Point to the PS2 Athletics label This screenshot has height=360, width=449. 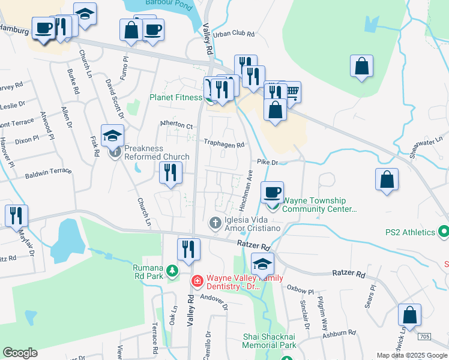click(411, 232)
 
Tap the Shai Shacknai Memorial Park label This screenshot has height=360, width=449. click(270, 341)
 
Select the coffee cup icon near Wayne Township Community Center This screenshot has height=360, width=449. click(273, 191)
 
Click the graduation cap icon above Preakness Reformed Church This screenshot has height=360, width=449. click(112, 136)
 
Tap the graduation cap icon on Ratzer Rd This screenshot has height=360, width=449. click(262, 263)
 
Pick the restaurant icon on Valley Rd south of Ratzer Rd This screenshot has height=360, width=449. click(188, 249)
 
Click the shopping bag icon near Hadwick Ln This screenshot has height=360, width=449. click(409, 314)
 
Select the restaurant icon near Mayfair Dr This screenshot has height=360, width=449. click(16, 215)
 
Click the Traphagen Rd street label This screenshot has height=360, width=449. click(224, 145)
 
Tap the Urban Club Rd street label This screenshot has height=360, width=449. click(239, 34)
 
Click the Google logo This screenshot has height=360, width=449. click(20, 353)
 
